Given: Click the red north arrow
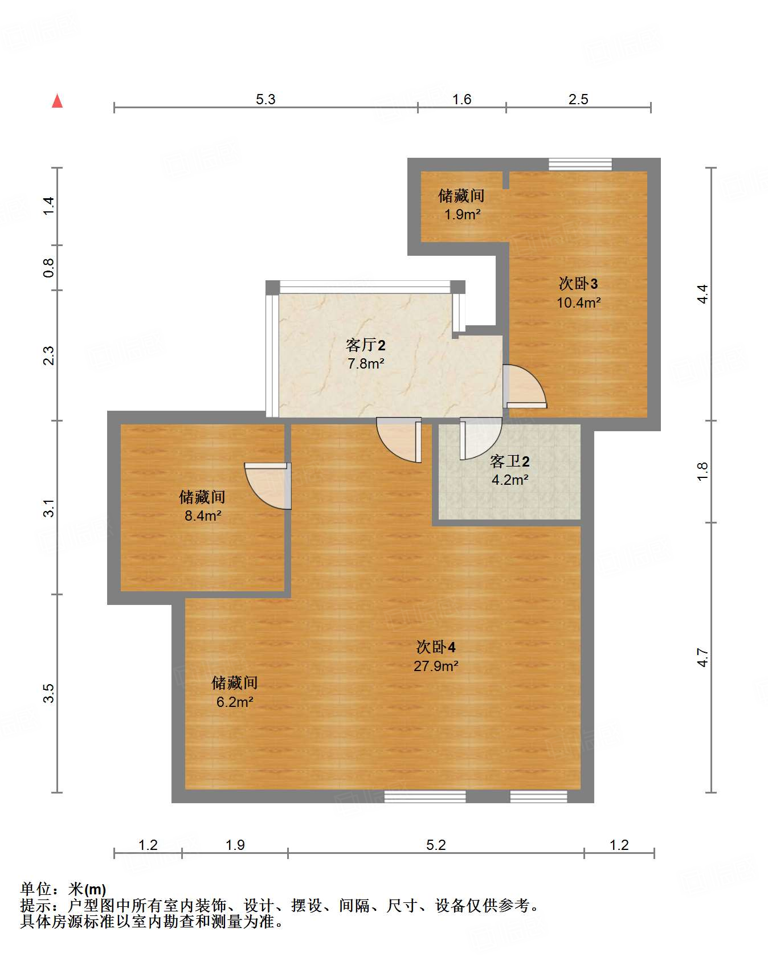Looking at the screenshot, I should (x=57, y=101).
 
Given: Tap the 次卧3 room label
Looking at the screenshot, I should (x=578, y=284).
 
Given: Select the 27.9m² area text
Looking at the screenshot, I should (x=436, y=666).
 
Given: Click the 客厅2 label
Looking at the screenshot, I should (x=365, y=345).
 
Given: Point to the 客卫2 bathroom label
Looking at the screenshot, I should (x=509, y=461).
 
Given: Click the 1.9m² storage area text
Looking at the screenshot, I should (x=462, y=215).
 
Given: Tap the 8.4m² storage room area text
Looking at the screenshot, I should (x=202, y=516).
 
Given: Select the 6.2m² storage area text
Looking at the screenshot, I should (x=234, y=702).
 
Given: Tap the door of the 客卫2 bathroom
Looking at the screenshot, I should (x=480, y=437).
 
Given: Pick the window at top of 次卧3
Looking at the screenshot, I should (x=580, y=165).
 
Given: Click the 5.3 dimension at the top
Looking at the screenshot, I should (x=265, y=99).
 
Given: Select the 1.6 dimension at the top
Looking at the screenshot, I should (x=461, y=99).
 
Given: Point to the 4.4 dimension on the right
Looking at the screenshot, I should (x=702, y=294).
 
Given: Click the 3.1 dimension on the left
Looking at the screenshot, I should (x=49, y=508).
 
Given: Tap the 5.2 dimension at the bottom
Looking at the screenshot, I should (x=436, y=845).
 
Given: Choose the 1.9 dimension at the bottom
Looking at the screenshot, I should (x=235, y=845).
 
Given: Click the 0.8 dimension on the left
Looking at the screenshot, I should (x=49, y=268).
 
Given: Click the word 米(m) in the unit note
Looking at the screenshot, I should (x=87, y=889).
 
